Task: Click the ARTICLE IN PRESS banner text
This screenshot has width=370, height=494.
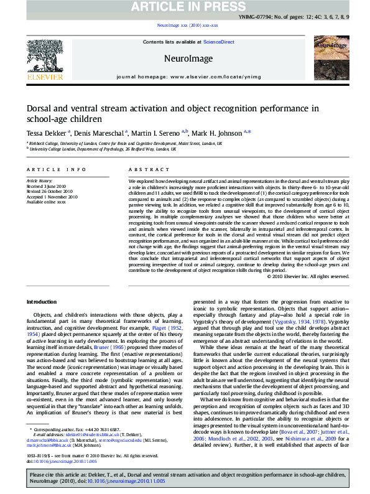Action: (x=184, y=7)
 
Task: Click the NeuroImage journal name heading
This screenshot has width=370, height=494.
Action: (x=185, y=58)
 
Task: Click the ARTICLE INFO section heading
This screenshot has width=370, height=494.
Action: (x=48, y=169)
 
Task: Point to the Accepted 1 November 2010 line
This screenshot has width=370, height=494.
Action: (x=52, y=196)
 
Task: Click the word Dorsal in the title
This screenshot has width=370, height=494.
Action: (x=42, y=108)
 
